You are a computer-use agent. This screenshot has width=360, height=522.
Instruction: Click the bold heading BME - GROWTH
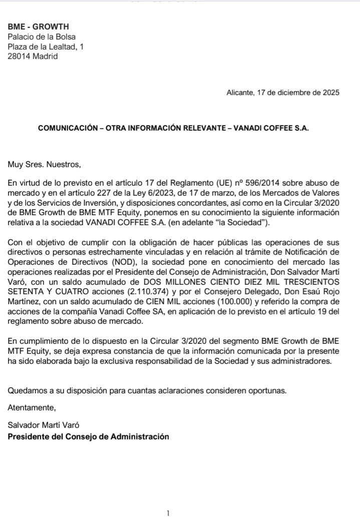point(39,27)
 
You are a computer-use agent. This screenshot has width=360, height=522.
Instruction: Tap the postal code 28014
point(19,57)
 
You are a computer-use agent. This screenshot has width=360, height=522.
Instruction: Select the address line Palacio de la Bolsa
point(42,37)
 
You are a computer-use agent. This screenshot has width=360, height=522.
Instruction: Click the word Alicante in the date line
point(240,93)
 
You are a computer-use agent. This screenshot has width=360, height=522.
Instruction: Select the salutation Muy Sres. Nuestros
point(44,164)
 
